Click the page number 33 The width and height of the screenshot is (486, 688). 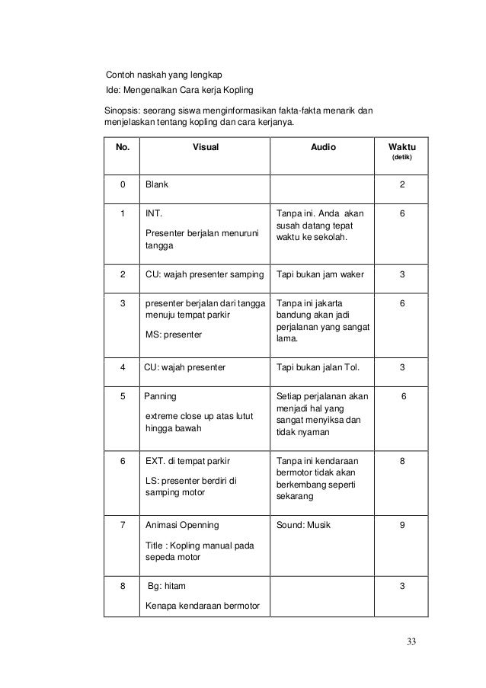412,638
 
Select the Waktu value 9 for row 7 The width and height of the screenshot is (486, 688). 402,525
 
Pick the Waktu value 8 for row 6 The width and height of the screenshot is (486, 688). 402,461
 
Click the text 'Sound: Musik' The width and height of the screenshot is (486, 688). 304,525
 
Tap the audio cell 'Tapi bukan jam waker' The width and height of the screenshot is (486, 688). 318,275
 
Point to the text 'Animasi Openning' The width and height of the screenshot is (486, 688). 181,525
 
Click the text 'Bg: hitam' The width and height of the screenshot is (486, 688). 166,586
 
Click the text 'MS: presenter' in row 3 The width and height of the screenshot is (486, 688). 174,334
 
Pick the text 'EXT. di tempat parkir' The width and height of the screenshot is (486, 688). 187,461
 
